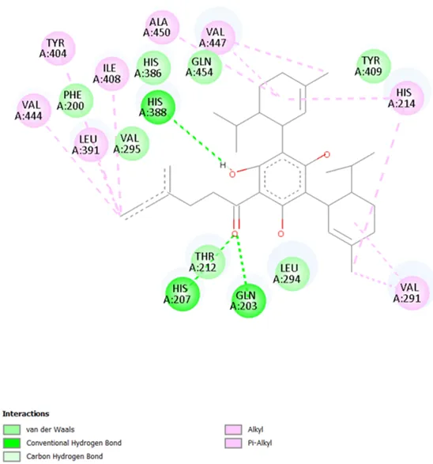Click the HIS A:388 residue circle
click(158, 108)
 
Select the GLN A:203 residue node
click(248, 300)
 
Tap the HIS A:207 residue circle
click(183, 294)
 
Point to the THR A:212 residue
click(208, 262)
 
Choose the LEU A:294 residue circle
click(292, 273)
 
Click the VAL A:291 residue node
click(412, 292)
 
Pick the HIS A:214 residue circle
click(407, 98)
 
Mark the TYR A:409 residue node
click(373, 66)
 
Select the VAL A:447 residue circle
click(217, 37)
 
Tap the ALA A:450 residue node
click(163, 27)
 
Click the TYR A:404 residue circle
click(58, 48)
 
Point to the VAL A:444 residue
click(34, 111)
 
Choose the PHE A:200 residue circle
click(76, 100)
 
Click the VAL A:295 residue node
click(132, 144)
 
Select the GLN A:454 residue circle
click(205, 67)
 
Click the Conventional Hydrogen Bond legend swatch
click(12, 443)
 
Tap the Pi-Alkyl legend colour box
click(233, 443)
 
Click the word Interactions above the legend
click(26, 413)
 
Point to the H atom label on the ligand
click(223, 165)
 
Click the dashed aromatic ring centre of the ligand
click(282, 179)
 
